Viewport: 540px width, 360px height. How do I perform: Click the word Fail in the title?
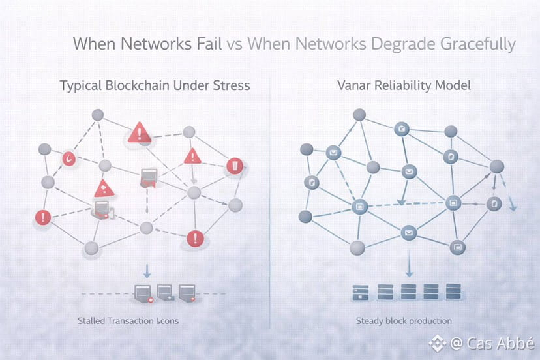(205, 44)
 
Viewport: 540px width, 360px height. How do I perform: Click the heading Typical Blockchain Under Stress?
(155, 85)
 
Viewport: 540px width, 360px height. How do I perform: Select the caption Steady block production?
(404, 321)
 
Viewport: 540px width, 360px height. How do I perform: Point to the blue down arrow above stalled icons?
(147, 270)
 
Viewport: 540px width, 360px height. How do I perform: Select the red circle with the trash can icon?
(235, 168)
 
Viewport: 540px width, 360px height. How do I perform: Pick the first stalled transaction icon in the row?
(142, 293)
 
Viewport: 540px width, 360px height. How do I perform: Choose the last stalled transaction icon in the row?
(187, 293)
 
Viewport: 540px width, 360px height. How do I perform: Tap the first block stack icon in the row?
(360, 292)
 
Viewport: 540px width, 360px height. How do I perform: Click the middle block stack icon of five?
(408, 292)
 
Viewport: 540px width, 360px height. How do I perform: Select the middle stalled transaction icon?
(165, 293)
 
